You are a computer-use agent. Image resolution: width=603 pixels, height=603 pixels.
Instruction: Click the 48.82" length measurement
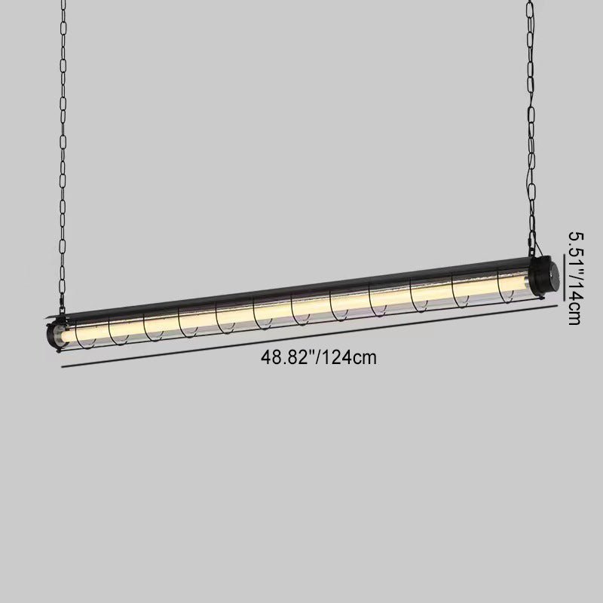pyautogui.click(x=287, y=357)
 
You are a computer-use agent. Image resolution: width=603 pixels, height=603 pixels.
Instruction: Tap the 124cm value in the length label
pyautogui.click(x=348, y=357)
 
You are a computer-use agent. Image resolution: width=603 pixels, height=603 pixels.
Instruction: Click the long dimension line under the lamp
pyautogui.click(x=310, y=336)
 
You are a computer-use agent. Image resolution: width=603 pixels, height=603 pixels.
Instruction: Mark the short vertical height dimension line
pyautogui.click(x=564, y=277)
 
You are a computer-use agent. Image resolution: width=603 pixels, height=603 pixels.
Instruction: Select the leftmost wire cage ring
pyautogui.click(x=83, y=335)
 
